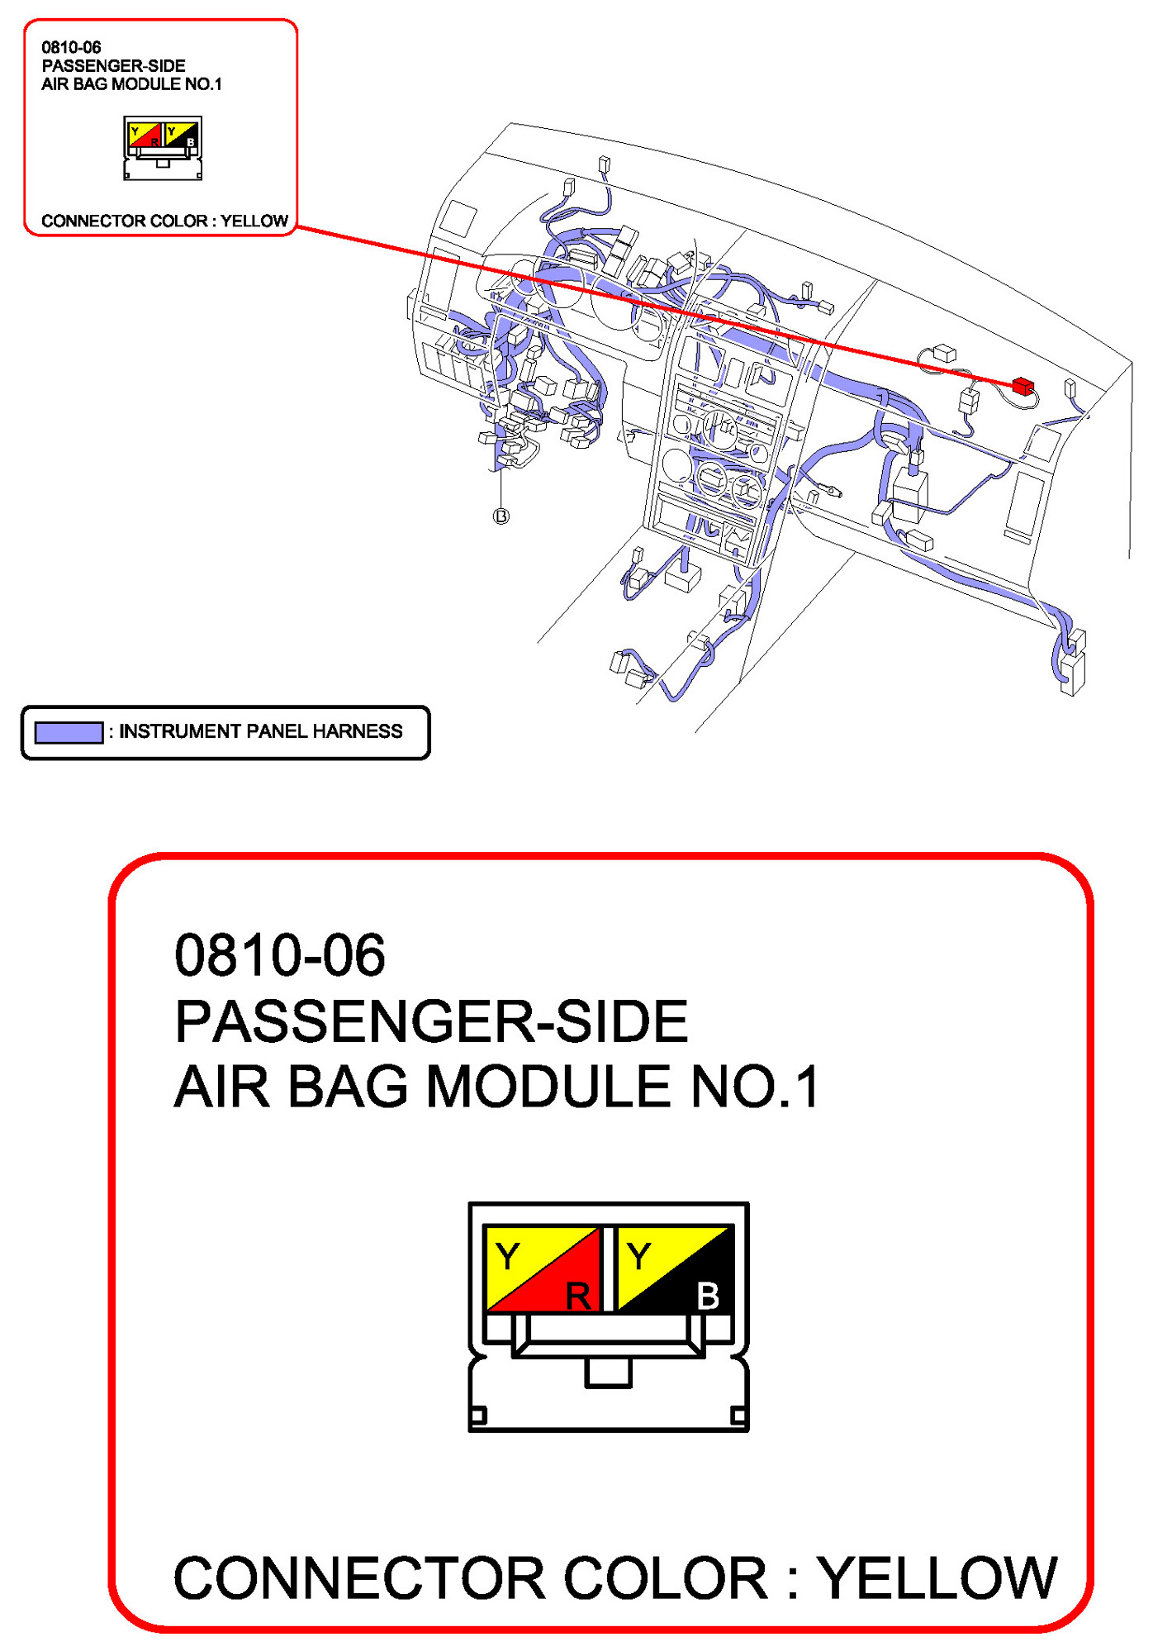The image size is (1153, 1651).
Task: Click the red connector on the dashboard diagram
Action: [1023, 385]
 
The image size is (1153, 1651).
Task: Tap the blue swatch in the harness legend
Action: [69, 732]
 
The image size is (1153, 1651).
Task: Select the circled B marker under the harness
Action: [501, 516]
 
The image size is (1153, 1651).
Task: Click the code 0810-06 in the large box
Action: [280, 955]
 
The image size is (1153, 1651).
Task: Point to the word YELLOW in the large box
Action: [937, 1578]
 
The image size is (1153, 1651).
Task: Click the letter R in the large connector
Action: [578, 1296]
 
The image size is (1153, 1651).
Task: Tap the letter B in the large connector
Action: [708, 1296]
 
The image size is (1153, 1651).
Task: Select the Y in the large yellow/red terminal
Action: [508, 1257]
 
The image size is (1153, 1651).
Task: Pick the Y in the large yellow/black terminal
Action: [638, 1257]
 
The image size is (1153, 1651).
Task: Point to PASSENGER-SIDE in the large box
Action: [431, 1021]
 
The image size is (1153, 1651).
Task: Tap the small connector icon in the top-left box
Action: [163, 148]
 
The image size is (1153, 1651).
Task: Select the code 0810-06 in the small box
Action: [72, 48]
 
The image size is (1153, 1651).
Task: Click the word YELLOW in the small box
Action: [254, 221]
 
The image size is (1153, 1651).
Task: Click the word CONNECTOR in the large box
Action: [359, 1578]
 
